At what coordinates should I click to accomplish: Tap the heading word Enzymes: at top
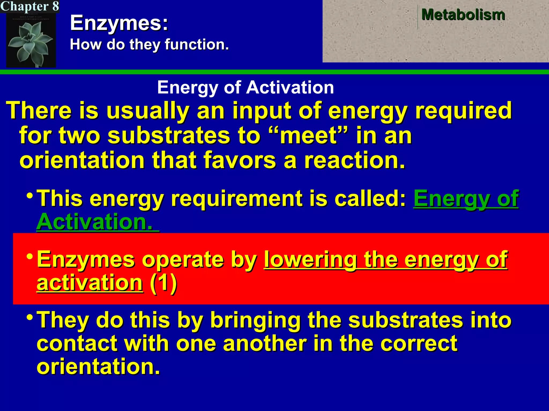tap(119, 23)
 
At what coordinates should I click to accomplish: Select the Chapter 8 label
tap(29, 6)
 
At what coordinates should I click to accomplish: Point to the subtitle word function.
tap(197, 44)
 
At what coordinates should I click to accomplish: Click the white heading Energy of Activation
tap(246, 87)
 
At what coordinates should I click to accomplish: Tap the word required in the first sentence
tap(463, 111)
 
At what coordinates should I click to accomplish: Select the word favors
tap(240, 160)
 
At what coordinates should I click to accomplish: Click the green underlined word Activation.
tap(95, 222)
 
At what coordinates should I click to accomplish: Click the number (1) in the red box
tap(163, 283)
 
